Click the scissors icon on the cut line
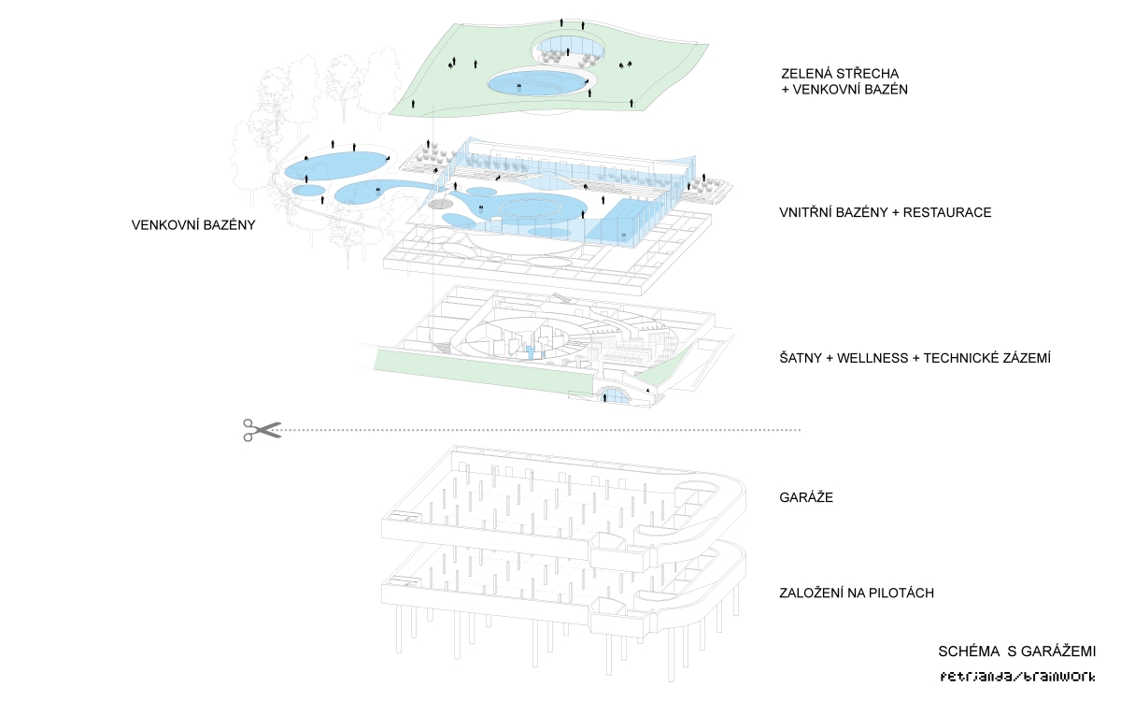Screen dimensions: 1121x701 (263, 430)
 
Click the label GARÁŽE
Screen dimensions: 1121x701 (806, 497)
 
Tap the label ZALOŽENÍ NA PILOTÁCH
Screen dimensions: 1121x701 (857, 593)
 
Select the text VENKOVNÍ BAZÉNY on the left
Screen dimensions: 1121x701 (193, 225)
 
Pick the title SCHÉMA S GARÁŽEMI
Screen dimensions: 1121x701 (1017, 651)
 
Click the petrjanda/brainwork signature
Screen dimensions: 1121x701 (1017, 677)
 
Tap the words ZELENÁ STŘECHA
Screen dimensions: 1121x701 (840, 74)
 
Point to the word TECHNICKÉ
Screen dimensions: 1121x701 (962, 358)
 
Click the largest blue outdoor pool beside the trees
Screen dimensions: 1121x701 (333, 165)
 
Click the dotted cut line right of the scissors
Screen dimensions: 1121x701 (542, 430)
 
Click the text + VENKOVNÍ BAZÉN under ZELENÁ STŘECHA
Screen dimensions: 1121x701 (844, 90)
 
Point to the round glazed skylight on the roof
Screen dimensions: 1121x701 (569, 49)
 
